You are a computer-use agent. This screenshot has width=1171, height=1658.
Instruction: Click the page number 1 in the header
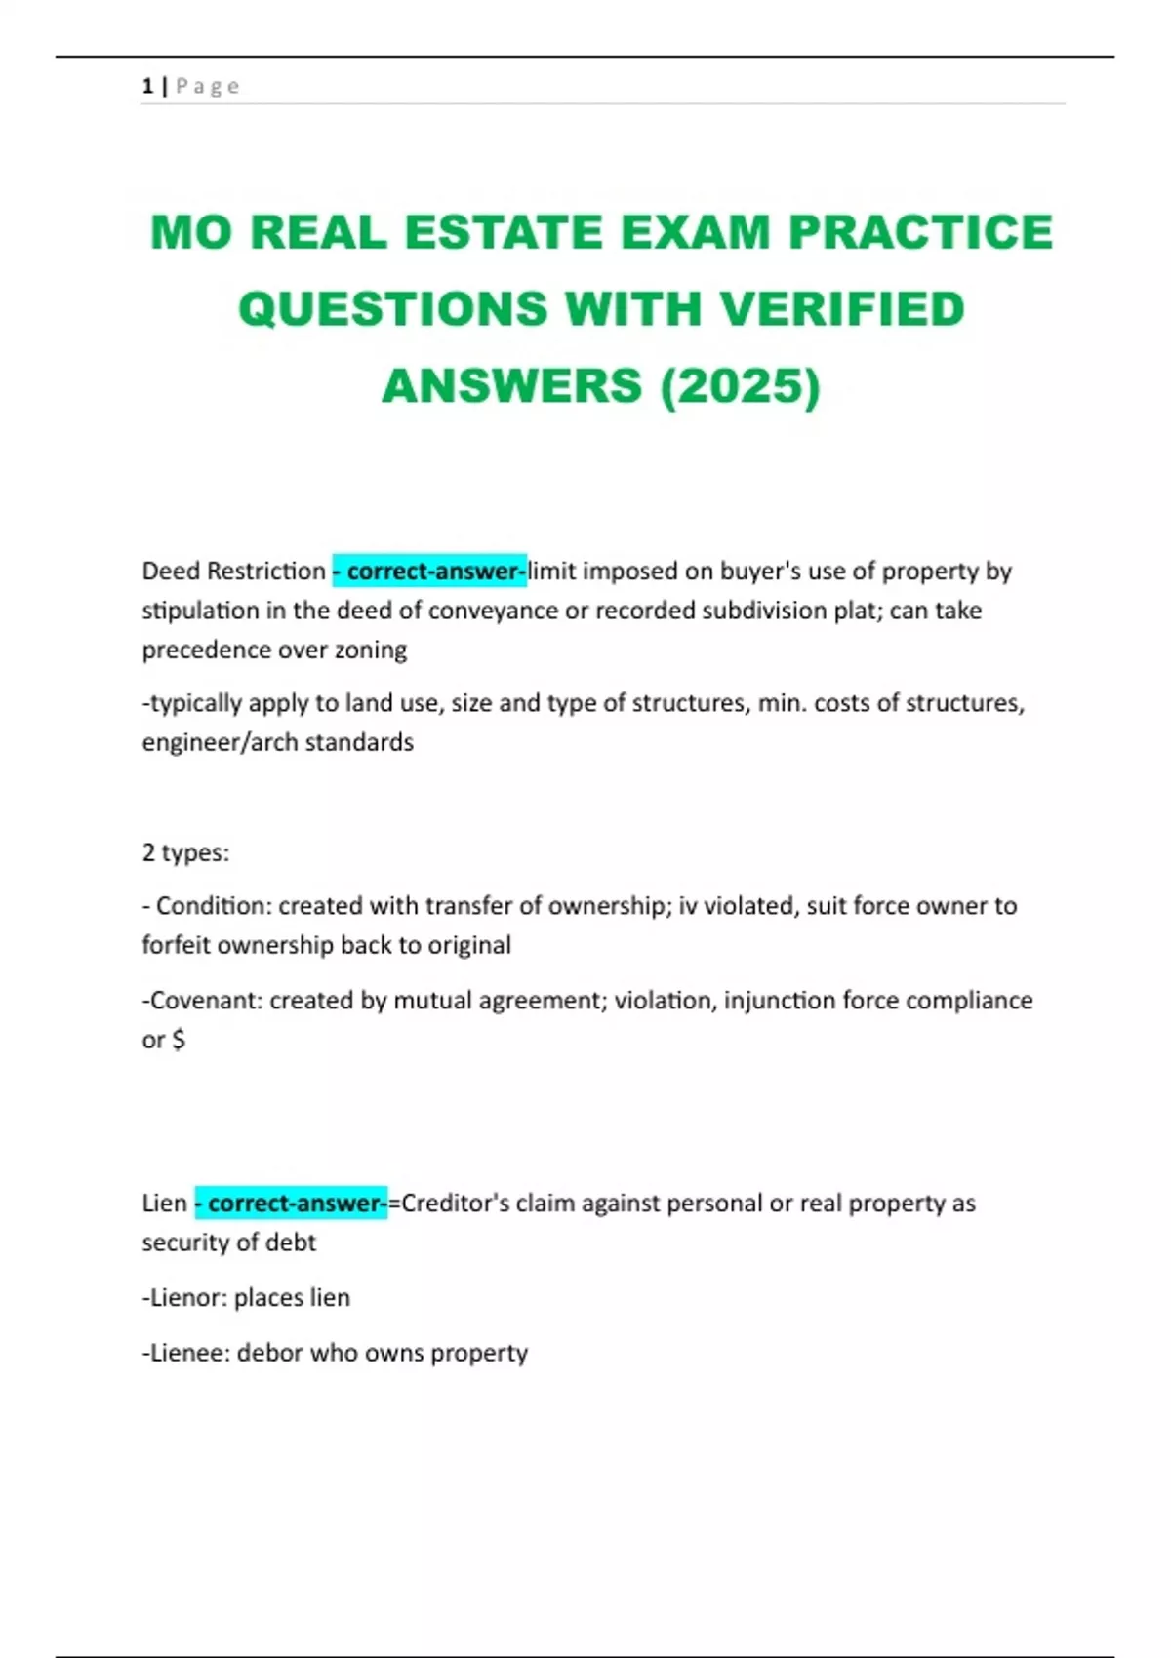(x=147, y=86)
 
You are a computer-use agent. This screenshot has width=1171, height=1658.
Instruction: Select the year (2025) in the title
(x=741, y=385)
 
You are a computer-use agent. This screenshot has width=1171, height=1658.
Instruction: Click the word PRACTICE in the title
(x=920, y=233)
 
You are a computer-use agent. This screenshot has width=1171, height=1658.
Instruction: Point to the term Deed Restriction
(x=234, y=571)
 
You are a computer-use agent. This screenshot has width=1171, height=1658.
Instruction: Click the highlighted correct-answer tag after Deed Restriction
(x=429, y=571)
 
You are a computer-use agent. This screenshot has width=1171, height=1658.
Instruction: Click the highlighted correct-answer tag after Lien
(x=291, y=1204)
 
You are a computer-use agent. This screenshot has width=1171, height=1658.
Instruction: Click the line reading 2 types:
(x=185, y=852)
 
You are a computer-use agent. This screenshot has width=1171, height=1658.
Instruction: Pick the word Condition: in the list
(x=214, y=906)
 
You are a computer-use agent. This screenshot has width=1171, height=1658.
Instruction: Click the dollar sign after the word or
(x=178, y=1040)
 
